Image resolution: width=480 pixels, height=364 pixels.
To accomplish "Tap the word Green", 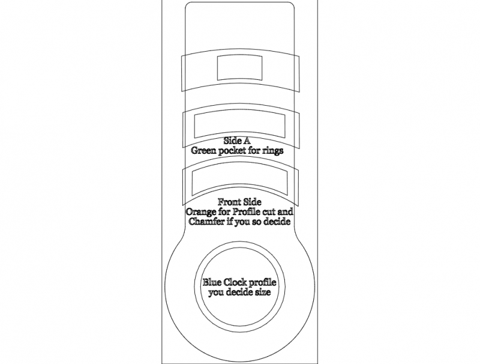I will [x=204, y=151].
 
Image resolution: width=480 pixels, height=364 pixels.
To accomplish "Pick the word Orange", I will [x=202, y=212].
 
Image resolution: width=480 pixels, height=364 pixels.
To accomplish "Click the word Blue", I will [x=214, y=283].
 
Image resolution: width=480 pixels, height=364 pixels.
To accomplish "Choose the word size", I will [x=261, y=293].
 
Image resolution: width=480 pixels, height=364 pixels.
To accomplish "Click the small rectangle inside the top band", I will [x=240, y=68].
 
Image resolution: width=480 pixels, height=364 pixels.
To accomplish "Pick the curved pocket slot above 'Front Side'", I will [x=240, y=181].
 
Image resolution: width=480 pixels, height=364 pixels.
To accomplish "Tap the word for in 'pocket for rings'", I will [x=253, y=151].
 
